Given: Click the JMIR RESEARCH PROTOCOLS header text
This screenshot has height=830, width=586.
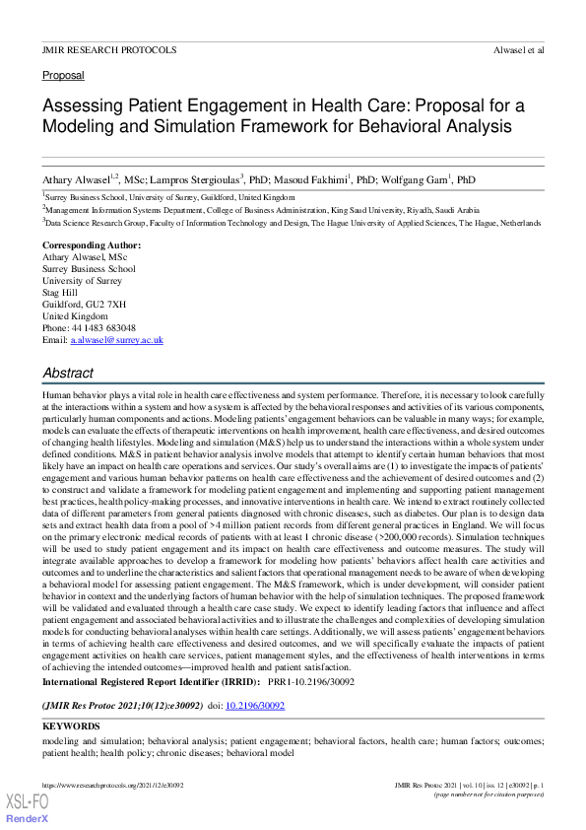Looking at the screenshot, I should [109, 49].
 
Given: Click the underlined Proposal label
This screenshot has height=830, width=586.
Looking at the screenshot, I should [63, 75].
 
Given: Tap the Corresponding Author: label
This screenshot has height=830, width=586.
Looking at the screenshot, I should [92, 245].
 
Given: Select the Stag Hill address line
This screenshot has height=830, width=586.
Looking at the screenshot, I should [59, 293].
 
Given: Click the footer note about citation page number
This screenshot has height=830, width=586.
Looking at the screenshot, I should [489, 794].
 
